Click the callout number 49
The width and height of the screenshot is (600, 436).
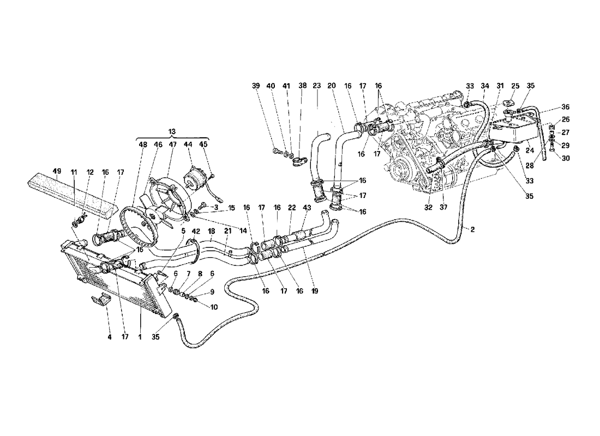coord(57,172)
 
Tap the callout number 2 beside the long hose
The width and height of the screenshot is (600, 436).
coord(472,229)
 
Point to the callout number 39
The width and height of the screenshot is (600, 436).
coord(256,86)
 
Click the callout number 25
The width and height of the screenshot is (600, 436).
coord(515,86)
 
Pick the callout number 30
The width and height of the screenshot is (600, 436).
coord(566,158)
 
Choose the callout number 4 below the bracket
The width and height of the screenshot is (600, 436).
coord(110,337)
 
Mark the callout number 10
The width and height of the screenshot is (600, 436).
coord(213,307)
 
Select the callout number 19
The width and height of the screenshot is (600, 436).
coord(315,291)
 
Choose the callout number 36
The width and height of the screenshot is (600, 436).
coord(566,107)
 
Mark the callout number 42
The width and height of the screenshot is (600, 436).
coord(195,231)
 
